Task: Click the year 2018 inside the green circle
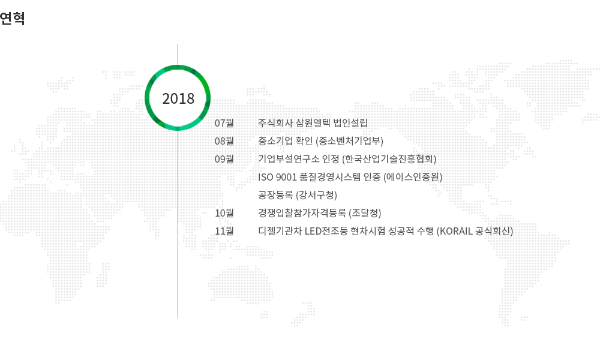click(178, 99)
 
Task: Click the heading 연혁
click(12, 19)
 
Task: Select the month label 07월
click(224, 123)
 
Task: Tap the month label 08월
click(224, 141)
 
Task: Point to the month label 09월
click(224, 159)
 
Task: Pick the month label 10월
click(224, 213)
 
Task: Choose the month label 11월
click(224, 231)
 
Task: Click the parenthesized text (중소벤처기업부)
click(349, 141)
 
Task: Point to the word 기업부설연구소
click(289, 159)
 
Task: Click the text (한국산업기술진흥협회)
click(389, 159)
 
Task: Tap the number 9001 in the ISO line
click(286, 177)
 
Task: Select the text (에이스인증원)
click(413, 177)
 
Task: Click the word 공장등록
click(275, 195)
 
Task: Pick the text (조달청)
click(365, 213)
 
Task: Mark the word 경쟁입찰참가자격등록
click(302, 213)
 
